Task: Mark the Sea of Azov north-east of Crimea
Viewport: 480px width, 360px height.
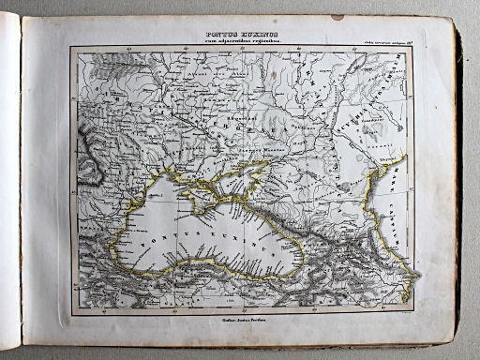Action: pyautogui.click(x=251, y=172)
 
